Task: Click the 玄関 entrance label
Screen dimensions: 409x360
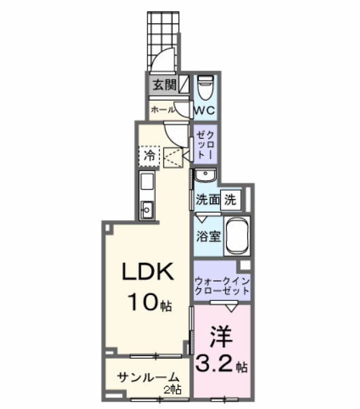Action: click(x=162, y=86)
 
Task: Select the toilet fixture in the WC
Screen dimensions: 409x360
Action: click(x=205, y=86)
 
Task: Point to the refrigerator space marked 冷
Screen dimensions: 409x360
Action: click(x=148, y=156)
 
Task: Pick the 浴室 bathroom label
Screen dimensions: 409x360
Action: click(x=206, y=237)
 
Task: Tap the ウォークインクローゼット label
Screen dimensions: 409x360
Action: click(x=221, y=285)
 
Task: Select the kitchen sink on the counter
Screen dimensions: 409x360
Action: click(x=146, y=207)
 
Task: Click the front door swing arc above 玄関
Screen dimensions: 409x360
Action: click(x=161, y=61)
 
